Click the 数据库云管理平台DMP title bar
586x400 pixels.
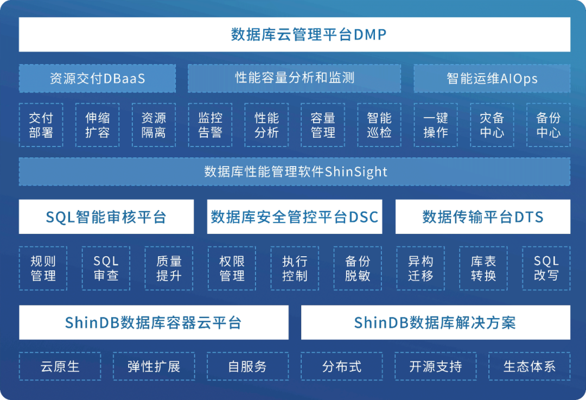[x=294, y=35]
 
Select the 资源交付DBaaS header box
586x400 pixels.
[x=97, y=79]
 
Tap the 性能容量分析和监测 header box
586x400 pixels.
[x=294, y=78]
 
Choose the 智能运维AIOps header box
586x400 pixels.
[x=492, y=79]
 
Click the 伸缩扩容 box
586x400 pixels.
[x=97, y=125]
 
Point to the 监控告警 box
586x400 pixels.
[x=210, y=125]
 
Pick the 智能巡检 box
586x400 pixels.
[x=379, y=125]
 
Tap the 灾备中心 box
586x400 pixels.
[x=492, y=125]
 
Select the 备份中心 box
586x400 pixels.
[x=548, y=125]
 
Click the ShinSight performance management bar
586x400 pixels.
[x=294, y=172]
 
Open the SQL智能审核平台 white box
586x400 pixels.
[x=106, y=217]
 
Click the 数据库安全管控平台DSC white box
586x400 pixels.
[x=294, y=217]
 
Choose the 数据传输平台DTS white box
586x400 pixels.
[x=482, y=217]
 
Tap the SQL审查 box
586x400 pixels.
[x=106, y=268]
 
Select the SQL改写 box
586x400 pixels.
[x=546, y=268]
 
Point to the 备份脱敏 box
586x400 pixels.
[x=358, y=268]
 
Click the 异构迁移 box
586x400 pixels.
[x=421, y=268]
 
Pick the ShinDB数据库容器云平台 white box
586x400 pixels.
[x=154, y=322]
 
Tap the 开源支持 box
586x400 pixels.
[x=435, y=366]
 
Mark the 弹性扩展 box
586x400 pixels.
[x=154, y=366]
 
